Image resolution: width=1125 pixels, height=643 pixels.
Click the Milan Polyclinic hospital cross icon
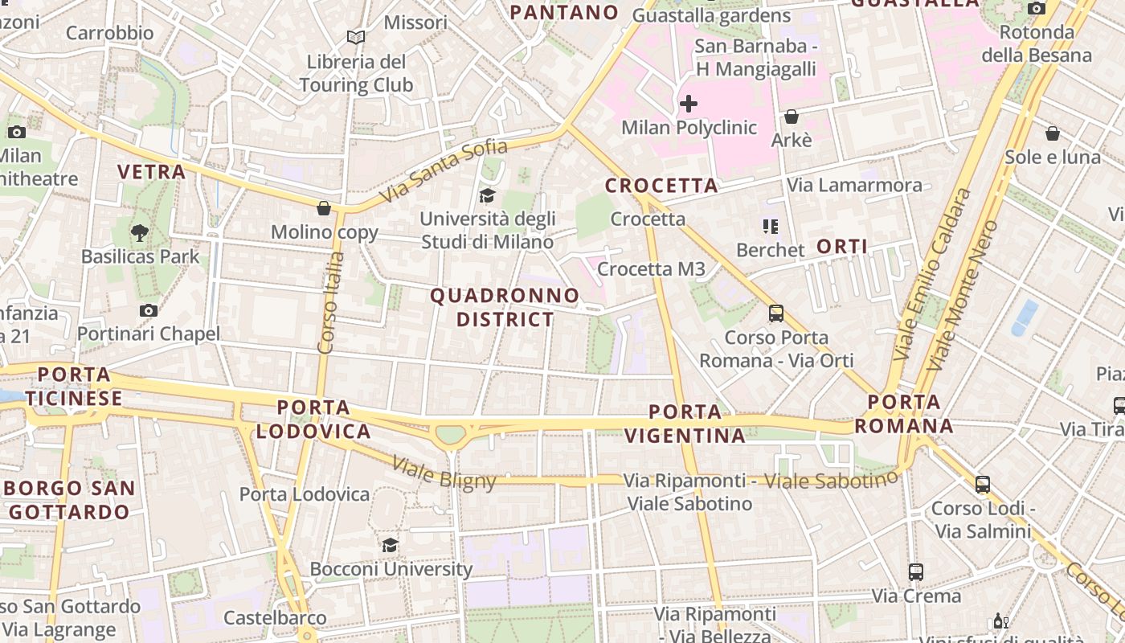[x=689, y=104]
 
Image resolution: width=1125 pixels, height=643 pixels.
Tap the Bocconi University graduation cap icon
[x=390, y=545]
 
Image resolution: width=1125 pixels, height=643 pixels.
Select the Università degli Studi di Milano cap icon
[x=487, y=195]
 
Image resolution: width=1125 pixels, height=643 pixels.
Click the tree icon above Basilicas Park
[x=140, y=233]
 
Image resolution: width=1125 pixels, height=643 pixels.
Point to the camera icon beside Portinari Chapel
[x=148, y=310]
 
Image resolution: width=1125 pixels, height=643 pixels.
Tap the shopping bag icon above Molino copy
[x=324, y=208]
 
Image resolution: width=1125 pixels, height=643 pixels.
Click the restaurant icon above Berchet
[x=771, y=227]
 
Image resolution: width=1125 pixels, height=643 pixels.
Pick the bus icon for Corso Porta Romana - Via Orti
[x=775, y=313]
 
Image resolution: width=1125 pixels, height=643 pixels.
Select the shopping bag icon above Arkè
[x=792, y=117]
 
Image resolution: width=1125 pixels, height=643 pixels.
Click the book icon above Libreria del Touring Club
[x=355, y=37]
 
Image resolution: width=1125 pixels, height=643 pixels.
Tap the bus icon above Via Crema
[x=916, y=572]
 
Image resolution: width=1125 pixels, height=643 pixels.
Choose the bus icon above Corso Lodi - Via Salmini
[x=982, y=485]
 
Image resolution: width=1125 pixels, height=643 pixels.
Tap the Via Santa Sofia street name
[x=444, y=170]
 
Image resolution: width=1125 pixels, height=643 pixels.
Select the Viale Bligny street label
[x=444, y=473]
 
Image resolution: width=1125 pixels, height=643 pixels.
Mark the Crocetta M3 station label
[x=651, y=269]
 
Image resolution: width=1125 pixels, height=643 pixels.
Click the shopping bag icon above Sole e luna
[x=1052, y=133]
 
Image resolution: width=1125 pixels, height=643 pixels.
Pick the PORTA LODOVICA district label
[x=313, y=420]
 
